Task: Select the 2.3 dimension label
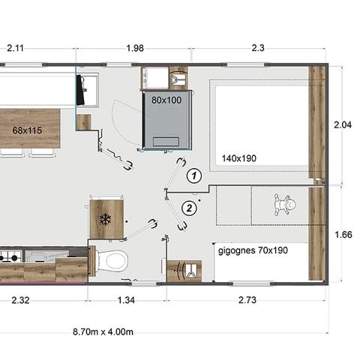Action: tap(256, 49)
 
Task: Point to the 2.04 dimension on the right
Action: tap(342, 124)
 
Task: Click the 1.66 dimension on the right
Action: tap(342, 233)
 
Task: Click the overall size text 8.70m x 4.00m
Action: tap(103, 330)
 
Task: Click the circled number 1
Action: tap(193, 175)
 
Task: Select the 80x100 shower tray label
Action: tap(166, 98)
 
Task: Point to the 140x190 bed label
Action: tap(239, 157)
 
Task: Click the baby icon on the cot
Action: tap(283, 204)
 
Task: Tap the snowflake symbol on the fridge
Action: tap(106, 219)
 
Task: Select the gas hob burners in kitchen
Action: tap(10, 258)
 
